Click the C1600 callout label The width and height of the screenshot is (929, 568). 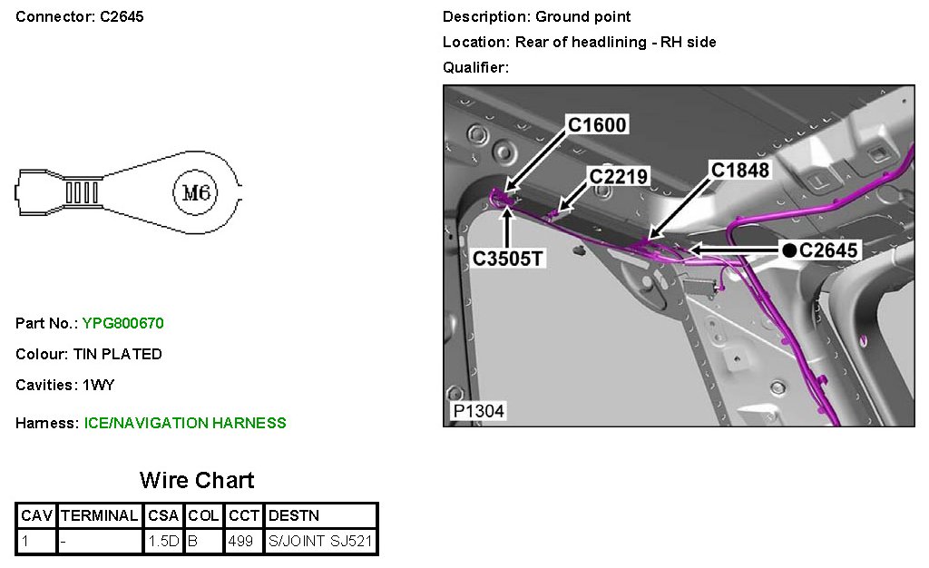(x=597, y=124)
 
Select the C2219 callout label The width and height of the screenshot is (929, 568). (x=619, y=176)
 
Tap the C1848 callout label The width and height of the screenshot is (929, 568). (x=740, y=170)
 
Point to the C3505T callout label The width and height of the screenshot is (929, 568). (x=508, y=259)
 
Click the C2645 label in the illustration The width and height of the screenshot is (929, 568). (x=828, y=250)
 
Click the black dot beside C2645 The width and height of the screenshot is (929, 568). (x=790, y=250)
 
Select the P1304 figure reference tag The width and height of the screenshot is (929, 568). (x=478, y=411)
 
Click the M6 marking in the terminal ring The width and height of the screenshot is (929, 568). (x=197, y=192)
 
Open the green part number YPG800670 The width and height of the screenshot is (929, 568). (x=123, y=323)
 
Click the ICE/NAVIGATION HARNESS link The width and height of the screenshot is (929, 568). (x=185, y=423)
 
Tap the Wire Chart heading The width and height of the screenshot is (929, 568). (x=197, y=480)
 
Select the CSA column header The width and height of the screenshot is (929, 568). (x=163, y=516)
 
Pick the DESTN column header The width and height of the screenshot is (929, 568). (x=294, y=516)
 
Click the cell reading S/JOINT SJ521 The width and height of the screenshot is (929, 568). (x=320, y=542)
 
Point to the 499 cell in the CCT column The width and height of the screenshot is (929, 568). (x=241, y=542)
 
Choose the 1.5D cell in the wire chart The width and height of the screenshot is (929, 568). (x=163, y=542)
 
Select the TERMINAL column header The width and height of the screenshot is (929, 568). (x=100, y=516)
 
